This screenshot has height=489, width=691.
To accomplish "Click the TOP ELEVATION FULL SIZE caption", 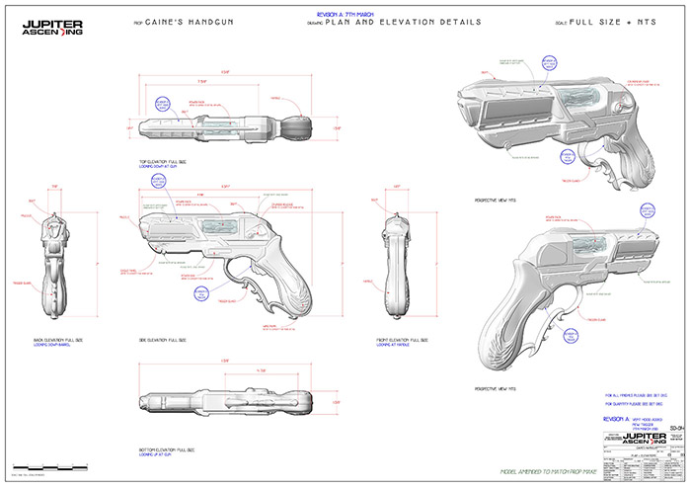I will pyautogui.click(x=171, y=160).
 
